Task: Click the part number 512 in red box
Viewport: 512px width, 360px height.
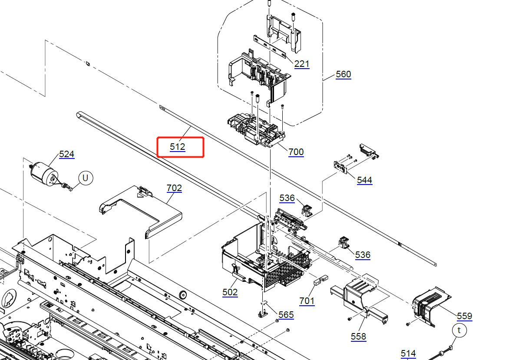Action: pos(178,147)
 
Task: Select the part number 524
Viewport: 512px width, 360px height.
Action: pos(66,154)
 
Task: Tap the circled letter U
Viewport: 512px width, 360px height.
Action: pos(86,178)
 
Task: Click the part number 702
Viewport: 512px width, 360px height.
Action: pos(175,188)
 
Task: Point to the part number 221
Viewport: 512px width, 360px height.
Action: pos(302,64)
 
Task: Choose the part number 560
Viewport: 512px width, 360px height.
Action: pos(344,74)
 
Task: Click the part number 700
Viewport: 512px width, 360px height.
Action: pos(296,152)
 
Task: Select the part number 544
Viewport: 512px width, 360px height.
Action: pos(365,181)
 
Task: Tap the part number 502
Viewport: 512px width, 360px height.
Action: pos(230,292)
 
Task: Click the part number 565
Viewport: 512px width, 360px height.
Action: pos(286,315)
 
